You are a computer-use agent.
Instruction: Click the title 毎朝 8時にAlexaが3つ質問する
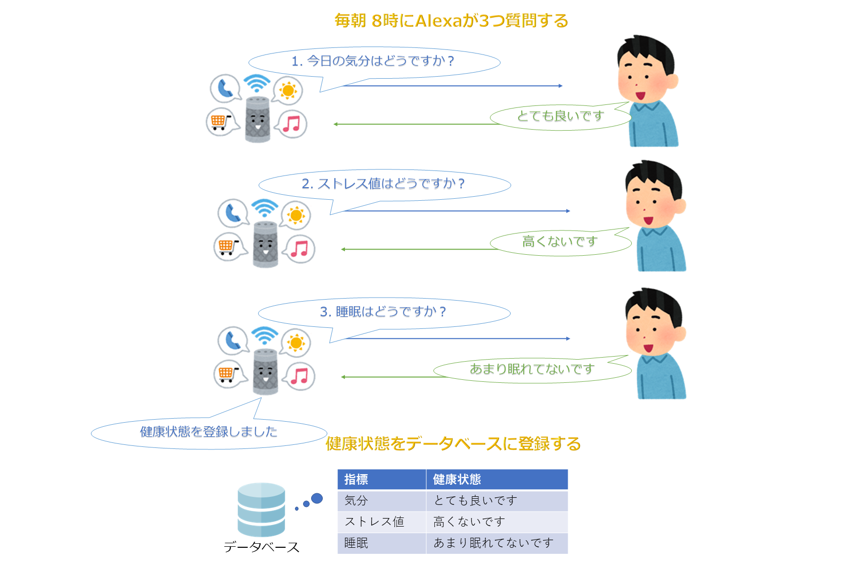point(451,21)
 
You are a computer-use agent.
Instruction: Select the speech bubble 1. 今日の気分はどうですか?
point(373,62)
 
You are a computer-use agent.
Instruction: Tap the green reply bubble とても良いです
point(560,117)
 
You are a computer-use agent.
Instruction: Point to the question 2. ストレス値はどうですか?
point(383,184)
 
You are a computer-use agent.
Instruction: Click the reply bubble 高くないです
point(560,242)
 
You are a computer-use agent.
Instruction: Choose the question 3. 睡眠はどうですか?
point(383,312)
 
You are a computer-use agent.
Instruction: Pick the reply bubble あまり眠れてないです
point(532,369)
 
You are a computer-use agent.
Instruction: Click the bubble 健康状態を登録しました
point(209,432)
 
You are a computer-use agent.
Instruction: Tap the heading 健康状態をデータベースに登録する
point(453,444)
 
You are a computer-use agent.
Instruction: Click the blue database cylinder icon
point(261,509)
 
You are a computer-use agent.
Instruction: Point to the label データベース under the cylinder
point(261,547)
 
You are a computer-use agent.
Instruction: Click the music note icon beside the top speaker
point(291,124)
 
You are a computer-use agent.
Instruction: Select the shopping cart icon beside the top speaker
point(220,122)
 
